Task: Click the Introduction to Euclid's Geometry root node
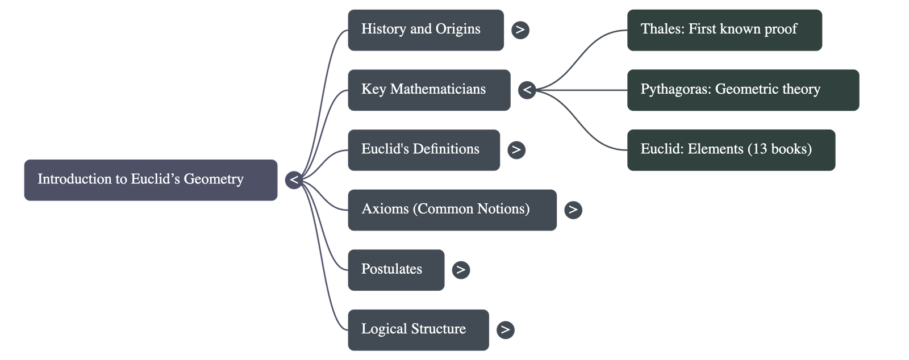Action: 151,179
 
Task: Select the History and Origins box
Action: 426,30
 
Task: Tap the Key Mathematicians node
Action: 429,90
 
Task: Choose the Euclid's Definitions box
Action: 424,149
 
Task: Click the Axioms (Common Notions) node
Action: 452,210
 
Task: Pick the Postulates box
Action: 396,270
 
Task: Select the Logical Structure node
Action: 418,329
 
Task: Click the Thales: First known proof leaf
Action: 724,30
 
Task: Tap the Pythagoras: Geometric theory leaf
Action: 743,90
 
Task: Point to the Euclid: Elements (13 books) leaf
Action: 731,149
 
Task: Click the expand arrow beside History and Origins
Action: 520,30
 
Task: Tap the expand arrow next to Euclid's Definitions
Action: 516,149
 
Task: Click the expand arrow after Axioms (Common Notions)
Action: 573,210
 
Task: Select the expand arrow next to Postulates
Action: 461,270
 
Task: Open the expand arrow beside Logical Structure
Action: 505,329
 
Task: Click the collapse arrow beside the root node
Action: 294,180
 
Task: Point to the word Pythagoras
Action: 675,90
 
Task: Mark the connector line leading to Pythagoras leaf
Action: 585,90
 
